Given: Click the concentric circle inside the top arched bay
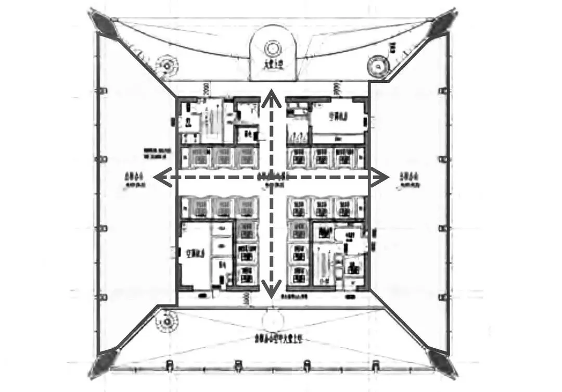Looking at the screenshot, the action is [272, 49].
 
